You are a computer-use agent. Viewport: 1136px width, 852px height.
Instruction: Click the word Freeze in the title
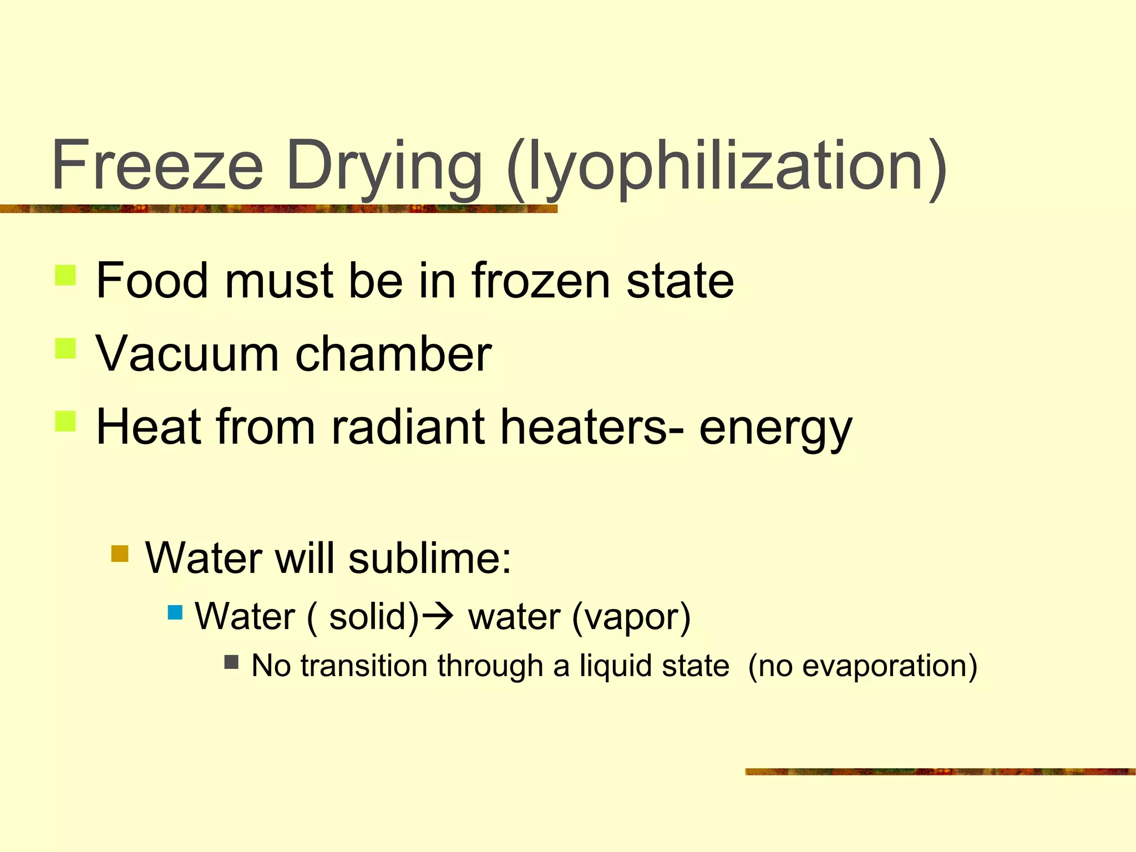(158, 165)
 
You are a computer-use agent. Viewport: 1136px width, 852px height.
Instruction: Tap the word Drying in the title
(384, 166)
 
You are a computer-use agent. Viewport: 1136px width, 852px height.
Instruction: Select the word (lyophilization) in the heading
(727, 166)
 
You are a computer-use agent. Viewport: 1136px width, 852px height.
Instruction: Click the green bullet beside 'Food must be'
(65, 275)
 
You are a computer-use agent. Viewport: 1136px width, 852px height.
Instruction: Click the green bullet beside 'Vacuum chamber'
(65, 349)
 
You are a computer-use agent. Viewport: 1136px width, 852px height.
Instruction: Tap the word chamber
(394, 354)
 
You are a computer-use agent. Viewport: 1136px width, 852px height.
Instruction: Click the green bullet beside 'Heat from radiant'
(65, 421)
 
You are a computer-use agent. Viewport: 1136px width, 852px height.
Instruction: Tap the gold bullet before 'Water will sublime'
(120, 554)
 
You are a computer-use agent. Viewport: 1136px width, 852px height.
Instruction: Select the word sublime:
(430, 558)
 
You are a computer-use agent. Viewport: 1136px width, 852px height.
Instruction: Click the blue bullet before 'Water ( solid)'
(175, 613)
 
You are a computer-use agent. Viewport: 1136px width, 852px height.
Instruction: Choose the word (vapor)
(631, 617)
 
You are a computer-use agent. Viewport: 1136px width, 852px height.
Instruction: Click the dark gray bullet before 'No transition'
(231, 662)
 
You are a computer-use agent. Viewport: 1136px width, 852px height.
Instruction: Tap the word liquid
(613, 666)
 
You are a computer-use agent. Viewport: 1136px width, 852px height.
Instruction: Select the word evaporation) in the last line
(889, 666)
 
